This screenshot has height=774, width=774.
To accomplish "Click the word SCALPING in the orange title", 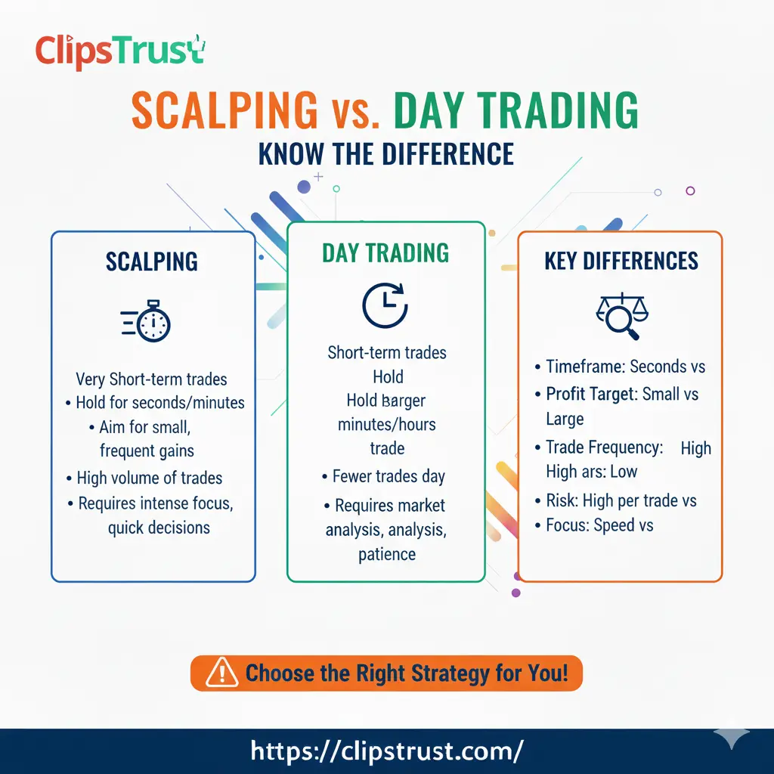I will point(224,111).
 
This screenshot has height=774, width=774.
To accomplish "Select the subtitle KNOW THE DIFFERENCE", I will point(386,154).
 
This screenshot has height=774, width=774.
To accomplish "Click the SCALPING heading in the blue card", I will point(152,262).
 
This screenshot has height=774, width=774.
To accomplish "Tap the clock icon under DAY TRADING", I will point(385,305).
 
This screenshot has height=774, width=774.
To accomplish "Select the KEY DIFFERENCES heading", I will point(621,262).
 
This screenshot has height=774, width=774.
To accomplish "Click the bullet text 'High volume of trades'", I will point(150,478).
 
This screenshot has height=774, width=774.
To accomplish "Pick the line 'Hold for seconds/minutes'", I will point(160,402).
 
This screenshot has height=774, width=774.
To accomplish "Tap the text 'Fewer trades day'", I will point(389,477).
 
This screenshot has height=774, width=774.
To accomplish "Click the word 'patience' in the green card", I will point(387,554).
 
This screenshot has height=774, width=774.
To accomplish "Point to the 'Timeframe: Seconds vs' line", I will point(625,367).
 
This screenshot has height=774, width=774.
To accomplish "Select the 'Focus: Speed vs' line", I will point(599,525).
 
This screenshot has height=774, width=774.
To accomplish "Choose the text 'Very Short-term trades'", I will point(151,379).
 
